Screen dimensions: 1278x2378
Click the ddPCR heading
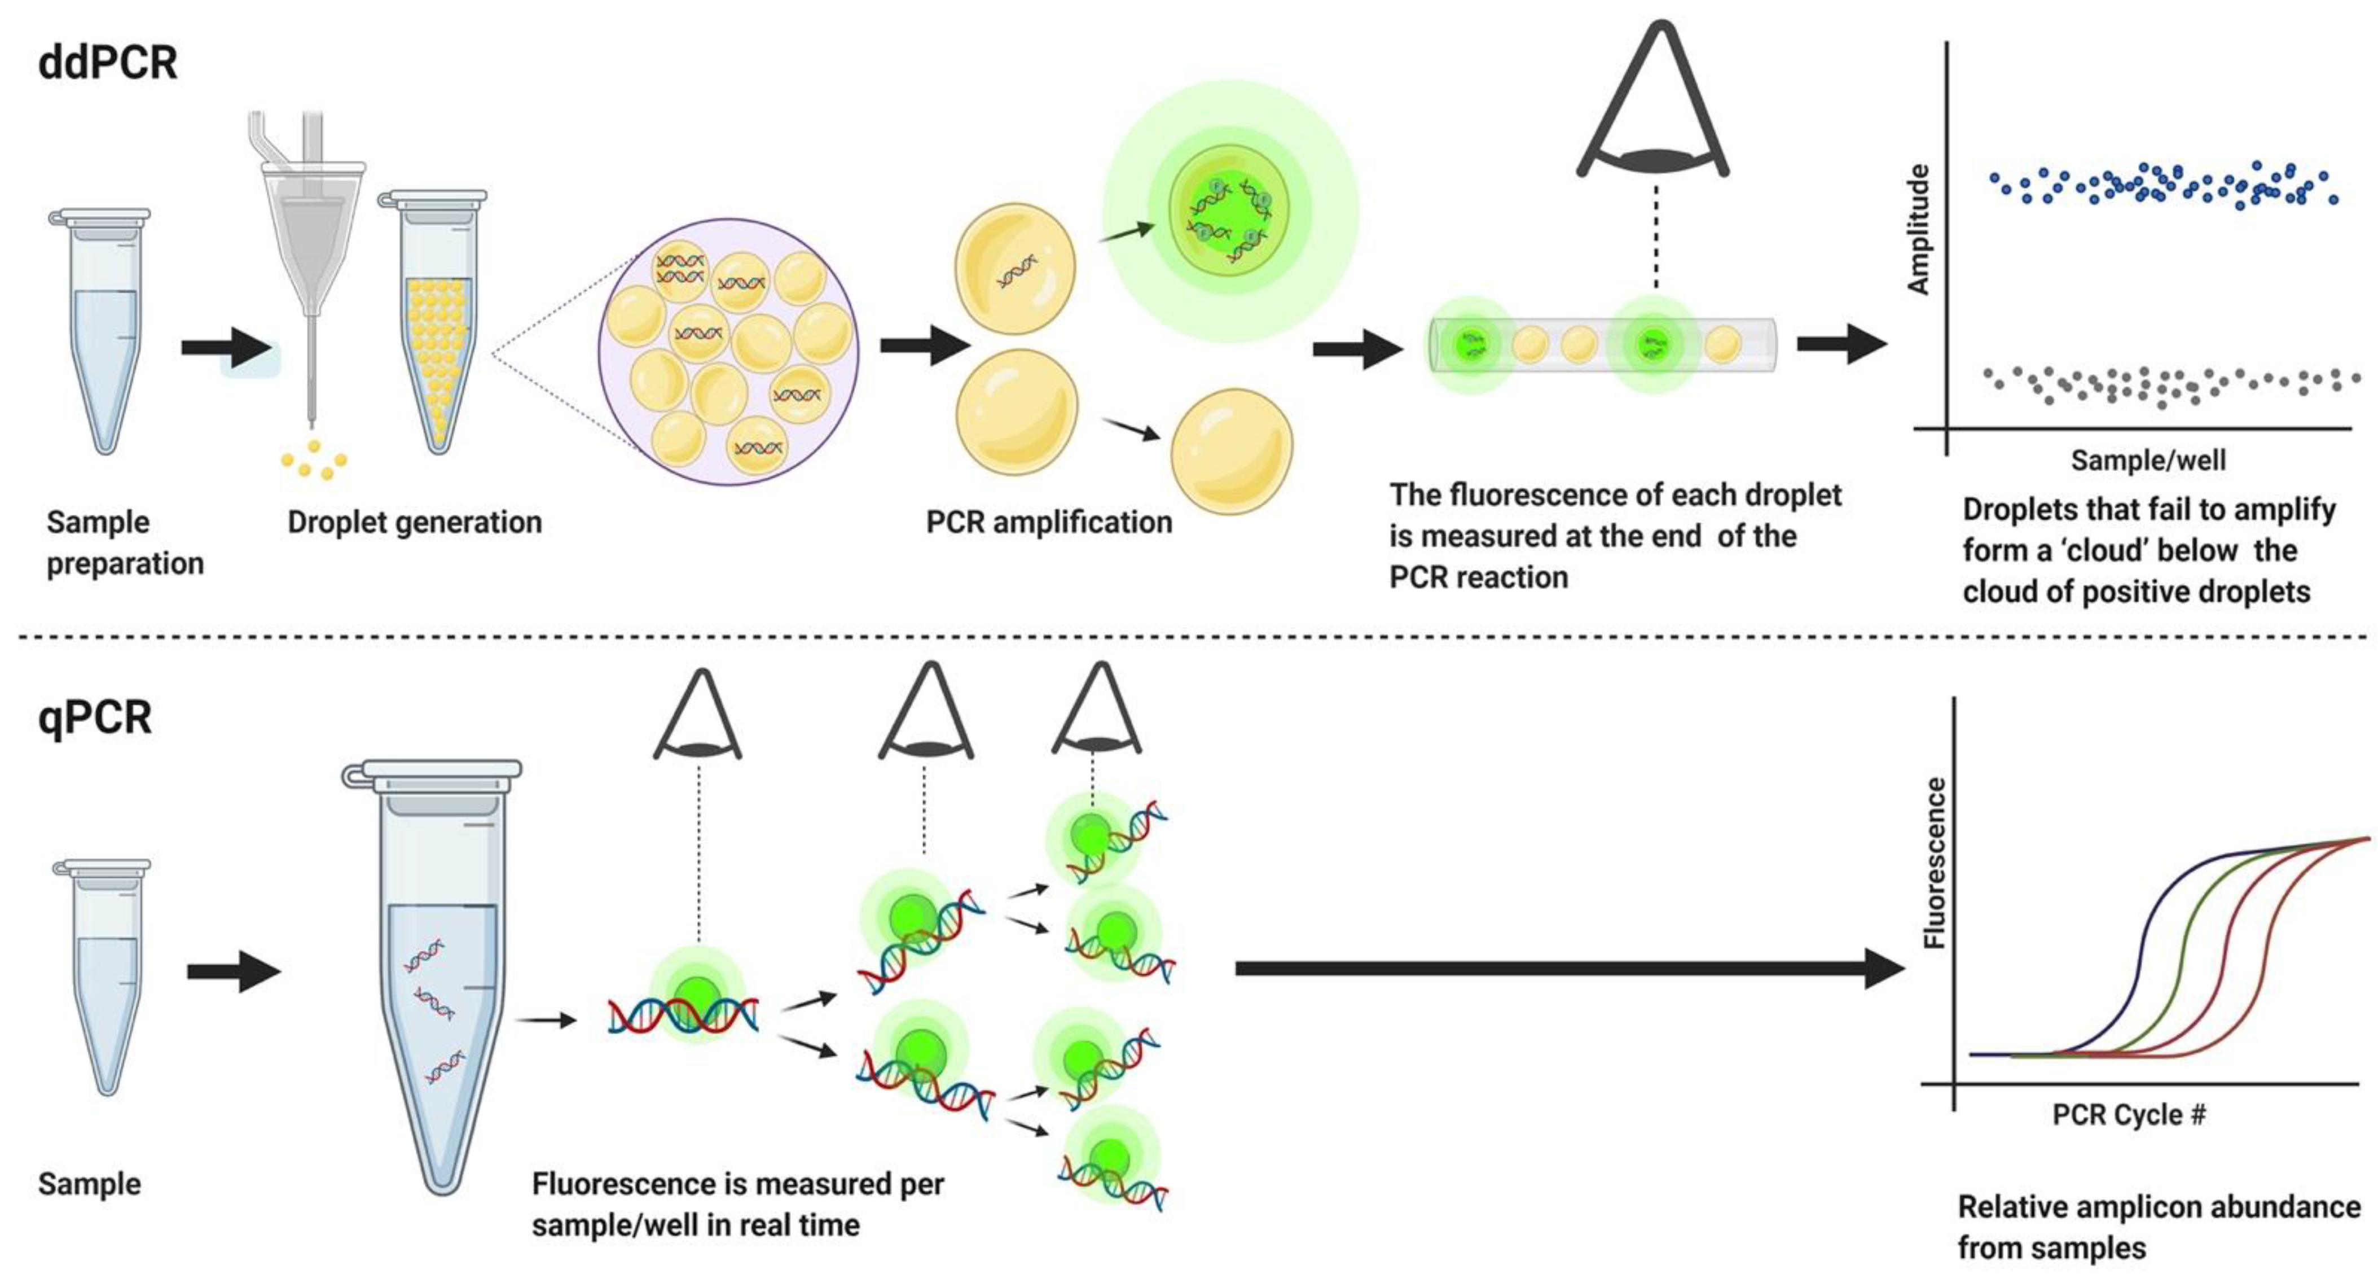(108, 63)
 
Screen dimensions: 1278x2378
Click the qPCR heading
(95, 717)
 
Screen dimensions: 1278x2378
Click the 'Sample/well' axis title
(2148, 460)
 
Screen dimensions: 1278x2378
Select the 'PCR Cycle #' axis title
(2129, 1114)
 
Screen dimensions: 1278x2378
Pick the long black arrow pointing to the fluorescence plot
(1570, 968)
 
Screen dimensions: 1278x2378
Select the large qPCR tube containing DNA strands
(441, 970)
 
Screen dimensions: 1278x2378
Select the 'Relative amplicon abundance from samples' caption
(2159, 1226)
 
